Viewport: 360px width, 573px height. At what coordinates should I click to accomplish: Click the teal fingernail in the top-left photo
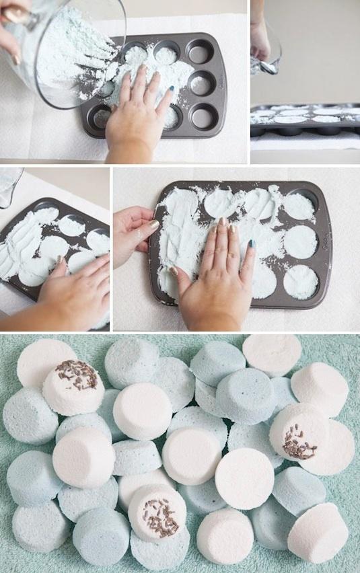171,88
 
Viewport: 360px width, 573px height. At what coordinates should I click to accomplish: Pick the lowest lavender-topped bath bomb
157,513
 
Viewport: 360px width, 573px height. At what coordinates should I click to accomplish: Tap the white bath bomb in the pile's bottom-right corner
318,531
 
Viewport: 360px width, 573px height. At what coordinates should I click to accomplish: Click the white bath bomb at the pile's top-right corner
272,352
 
